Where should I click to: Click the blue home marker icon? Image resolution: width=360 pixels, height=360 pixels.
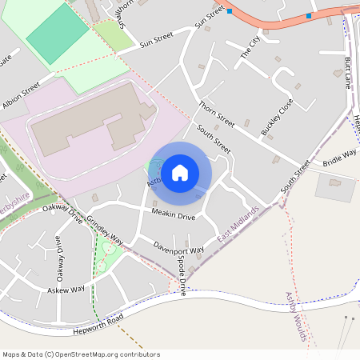(180, 173)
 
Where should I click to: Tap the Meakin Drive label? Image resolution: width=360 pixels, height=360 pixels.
(173, 217)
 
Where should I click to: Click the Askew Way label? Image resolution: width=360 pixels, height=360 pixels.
(66, 290)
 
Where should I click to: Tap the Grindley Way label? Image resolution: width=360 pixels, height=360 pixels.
(105, 230)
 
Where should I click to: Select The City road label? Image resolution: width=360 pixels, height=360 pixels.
(250, 47)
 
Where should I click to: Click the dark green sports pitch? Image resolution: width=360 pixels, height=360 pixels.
(58, 34)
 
